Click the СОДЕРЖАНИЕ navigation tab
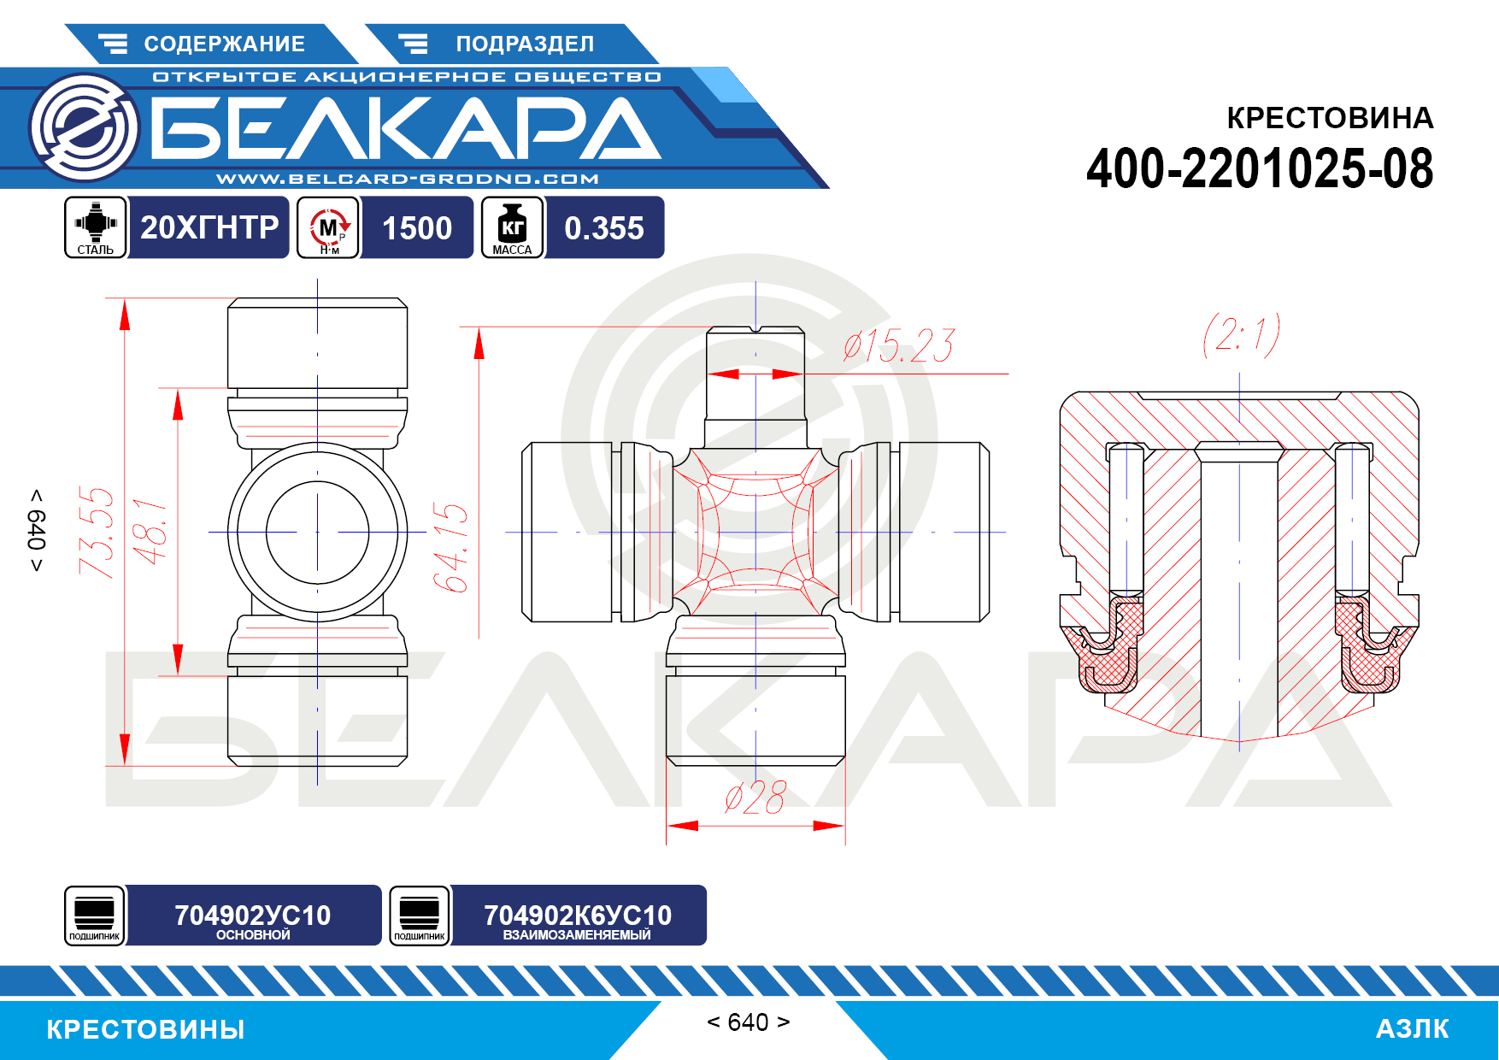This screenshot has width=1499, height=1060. click(x=210, y=44)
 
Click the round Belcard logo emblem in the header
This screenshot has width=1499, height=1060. click(x=84, y=127)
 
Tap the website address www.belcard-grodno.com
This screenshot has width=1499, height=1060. click(x=408, y=179)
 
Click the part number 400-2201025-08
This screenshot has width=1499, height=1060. click(x=1260, y=168)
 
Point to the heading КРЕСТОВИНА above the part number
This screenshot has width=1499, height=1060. click(x=1330, y=118)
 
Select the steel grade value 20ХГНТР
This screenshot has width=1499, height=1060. click(x=209, y=227)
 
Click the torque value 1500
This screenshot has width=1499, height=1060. click(x=417, y=228)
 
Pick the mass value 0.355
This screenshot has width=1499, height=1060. click(x=604, y=228)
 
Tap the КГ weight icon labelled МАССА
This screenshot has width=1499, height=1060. click(x=512, y=227)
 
